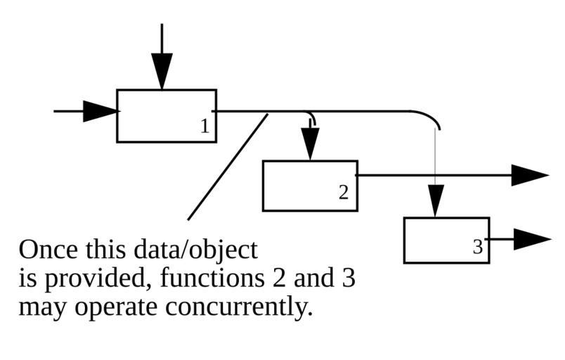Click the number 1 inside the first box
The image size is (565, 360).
pyautogui.click(x=204, y=127)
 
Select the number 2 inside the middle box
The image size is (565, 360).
pyautogui.click(x=343, y=192)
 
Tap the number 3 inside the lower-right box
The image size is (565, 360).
pyautogui.click(x=478, y=247)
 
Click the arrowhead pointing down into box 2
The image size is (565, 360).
pyautogui.click(x=309, y=143)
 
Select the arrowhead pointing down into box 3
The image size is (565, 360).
pyautogui.click(x=436, y=201)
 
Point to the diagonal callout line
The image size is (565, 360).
pyautogui.click(x=228, y=167)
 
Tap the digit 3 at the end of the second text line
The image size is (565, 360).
pyautogui.click(x=349, y=279)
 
